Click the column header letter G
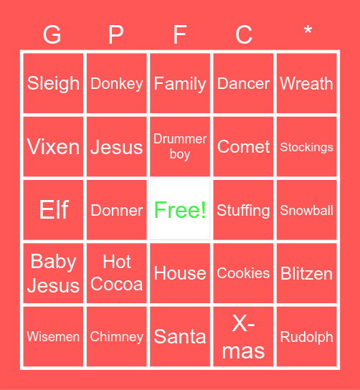[x=53, y=34]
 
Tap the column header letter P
[x=116, y=34]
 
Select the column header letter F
[x=180, y=34]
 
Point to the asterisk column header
[x=307, y=32]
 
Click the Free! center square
[x=180, y=210]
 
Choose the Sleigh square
[x=53, y=83]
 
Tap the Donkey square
[x=116, y=83]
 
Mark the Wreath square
[x=307, y=83]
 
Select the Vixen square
[x=53, y=147]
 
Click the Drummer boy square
[x=180, y=147]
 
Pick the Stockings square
[x=307, y=147]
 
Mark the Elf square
[x=53, y=210]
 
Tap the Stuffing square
[x=243, y=210]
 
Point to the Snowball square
[x=307, y=210]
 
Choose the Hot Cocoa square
[x=116, y=273]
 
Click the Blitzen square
[x=307, y=273]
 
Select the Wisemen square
[x=53, y=336]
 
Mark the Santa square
[x=180, y=336]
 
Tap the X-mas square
[x=243, y=336]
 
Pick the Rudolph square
[x=307, y=336]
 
